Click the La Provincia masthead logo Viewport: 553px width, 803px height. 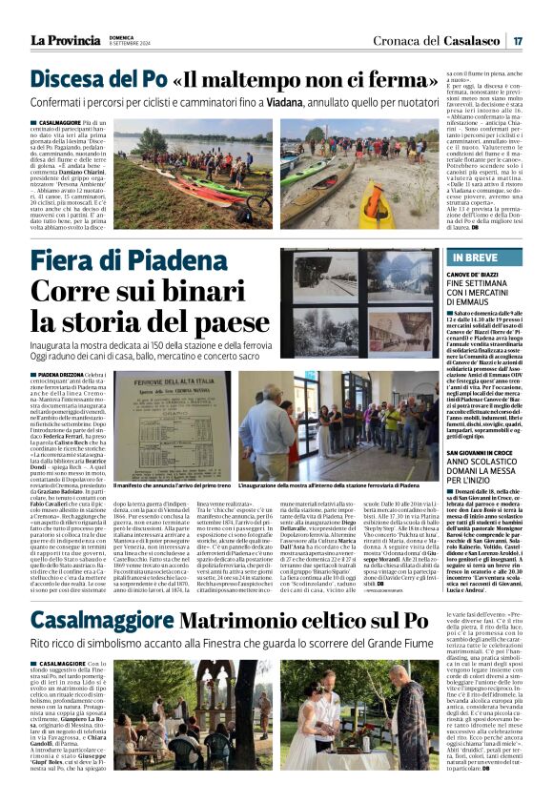click(x=65, y=40)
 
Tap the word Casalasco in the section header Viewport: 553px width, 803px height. click(x=471, y=41)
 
